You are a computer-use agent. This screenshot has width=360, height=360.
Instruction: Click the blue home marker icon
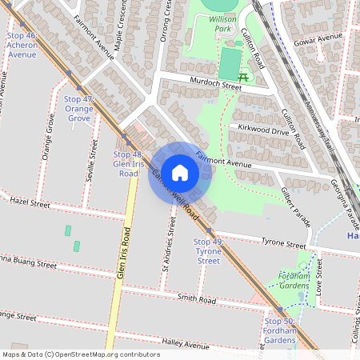[x=180, y=173]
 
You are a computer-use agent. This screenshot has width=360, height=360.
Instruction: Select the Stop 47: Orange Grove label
[x=78, y=108]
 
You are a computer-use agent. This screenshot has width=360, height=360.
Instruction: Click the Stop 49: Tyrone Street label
[x=208, y=250]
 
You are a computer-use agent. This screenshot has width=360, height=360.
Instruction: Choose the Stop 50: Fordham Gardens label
[x=279, y=330]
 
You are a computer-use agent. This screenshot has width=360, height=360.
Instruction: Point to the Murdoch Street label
[x=215, y=82]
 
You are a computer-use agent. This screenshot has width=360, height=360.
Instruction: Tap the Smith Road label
[x=197, y=300]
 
